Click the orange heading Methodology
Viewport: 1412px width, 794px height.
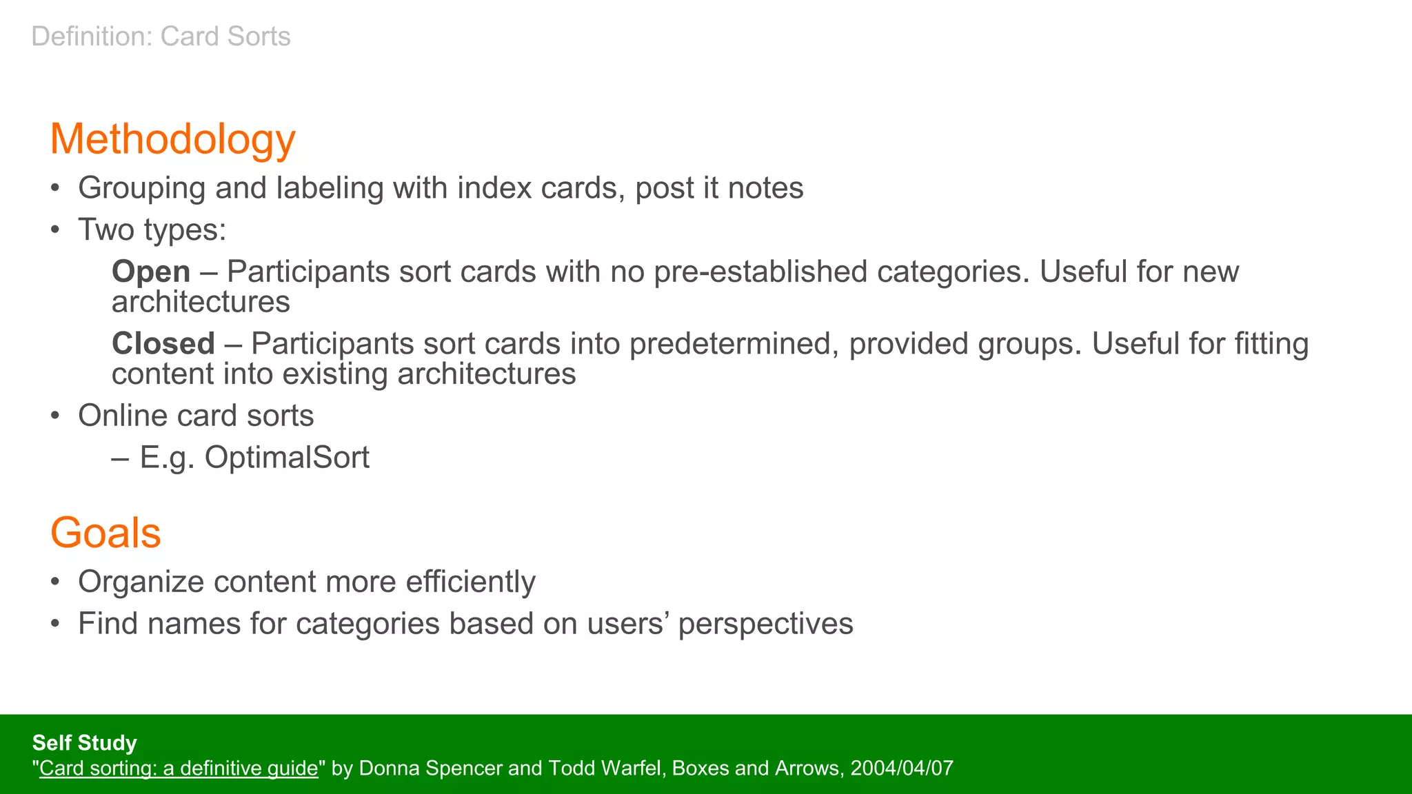coord(172,139)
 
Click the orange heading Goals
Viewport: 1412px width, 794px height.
coord(105,533)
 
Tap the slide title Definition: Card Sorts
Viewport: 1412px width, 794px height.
coord(161,37)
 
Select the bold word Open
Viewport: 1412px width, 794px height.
coord(150,272)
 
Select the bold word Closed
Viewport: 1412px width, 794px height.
coord(163,343)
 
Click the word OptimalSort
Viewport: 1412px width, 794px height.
coord(287,458)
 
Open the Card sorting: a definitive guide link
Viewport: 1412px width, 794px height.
coord(179,768)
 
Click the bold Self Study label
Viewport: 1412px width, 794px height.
coord(84,742)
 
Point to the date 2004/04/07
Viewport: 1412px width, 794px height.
coord(902,768)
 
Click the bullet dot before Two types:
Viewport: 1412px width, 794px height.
coord(56,230)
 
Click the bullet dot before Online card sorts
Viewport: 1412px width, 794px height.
coord(56,416)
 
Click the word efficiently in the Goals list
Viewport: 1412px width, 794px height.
coord(470,582)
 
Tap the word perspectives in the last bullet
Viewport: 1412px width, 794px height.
coord(765,624)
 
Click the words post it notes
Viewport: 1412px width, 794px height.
coord(719,188)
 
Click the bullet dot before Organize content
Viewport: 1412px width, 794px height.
coord(56,582)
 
